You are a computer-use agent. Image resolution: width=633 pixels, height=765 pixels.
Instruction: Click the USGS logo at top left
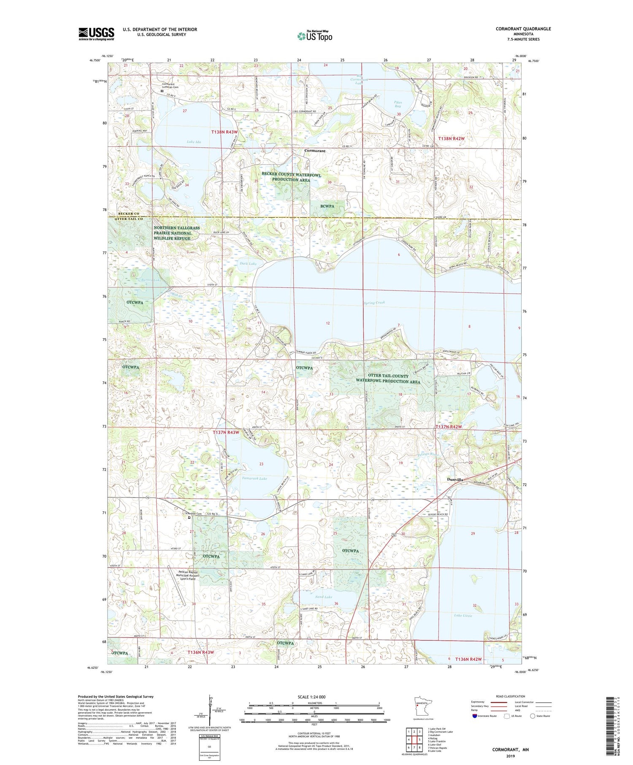pos(96,34)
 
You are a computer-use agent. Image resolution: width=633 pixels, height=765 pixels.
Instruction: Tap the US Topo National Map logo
pos(315,36)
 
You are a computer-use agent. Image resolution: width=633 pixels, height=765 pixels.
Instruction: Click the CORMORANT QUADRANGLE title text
pos(524,29)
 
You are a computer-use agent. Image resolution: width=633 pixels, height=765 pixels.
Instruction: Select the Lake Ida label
pos(194,142)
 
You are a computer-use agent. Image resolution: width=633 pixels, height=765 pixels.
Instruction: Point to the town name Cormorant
pos(315,151)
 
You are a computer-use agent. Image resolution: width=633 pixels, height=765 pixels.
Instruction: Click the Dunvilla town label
pos(455,480)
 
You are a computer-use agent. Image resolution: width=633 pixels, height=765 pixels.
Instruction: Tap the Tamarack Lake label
pos(254,478)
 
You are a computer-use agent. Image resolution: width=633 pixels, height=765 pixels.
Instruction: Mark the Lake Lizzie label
pos(463,616)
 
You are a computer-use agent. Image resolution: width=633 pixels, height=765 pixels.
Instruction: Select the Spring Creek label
pos(374,303)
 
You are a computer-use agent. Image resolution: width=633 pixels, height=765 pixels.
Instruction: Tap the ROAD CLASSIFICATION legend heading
pos(511,696)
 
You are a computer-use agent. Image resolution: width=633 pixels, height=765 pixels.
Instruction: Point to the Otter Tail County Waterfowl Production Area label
pos(388,378)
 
